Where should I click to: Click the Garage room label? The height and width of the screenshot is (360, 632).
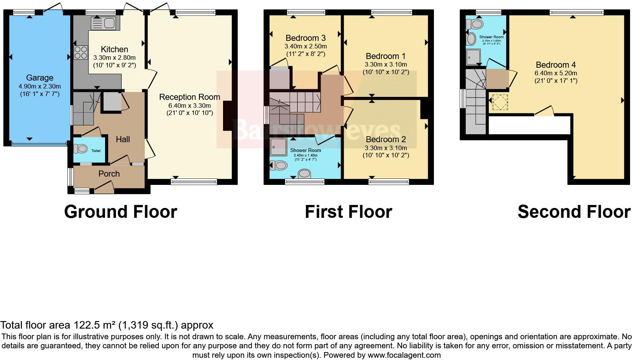tap(39, 78)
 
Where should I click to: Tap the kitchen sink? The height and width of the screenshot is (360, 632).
tap(103, 23)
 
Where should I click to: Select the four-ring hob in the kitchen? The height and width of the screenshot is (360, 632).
tap(81, 53)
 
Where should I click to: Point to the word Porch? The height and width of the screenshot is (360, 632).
tap(109, 174)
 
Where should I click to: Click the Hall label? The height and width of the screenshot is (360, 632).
tap(123, 139)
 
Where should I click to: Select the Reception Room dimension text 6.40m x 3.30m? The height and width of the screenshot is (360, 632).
tap(189, 106)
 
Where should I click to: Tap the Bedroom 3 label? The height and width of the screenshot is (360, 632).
tap(305, 38)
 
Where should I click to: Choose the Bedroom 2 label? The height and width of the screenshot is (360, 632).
tap(386, 140)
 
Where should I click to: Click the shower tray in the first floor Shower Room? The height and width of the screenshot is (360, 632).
tap(279, 146)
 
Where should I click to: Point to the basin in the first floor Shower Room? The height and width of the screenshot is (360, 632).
tap(304, 174)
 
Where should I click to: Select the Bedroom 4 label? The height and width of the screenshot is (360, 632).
tap(555, 65)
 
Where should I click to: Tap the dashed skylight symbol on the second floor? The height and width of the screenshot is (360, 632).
tap(499, 102)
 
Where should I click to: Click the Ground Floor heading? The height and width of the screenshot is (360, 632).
tap(121, 211)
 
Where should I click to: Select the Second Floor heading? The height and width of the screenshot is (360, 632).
tap(574, 211)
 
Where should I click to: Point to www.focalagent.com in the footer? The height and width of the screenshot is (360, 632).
tap(404, 355)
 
